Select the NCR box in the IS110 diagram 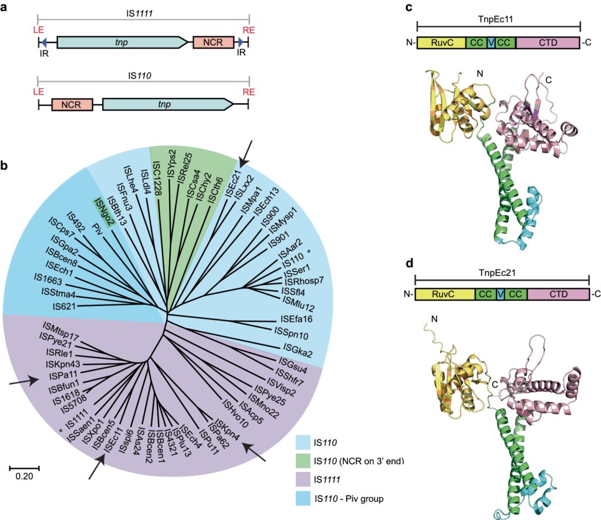point(72,105)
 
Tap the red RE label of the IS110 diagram point(249,92)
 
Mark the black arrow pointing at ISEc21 point(247,151)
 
